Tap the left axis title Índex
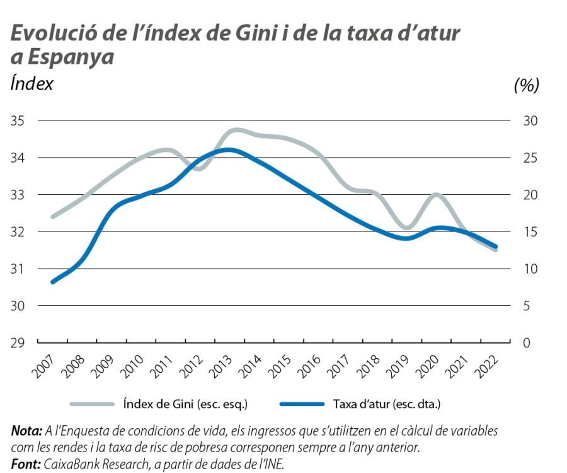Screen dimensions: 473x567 [x=32, y=83]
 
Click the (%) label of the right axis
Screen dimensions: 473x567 [x=527, y=85]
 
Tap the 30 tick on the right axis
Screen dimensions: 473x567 [x=530, y=120]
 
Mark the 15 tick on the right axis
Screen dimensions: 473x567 [x=530, y=232]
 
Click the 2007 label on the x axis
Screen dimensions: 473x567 [x=41, y=365]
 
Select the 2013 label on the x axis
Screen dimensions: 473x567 [x=218, y=365]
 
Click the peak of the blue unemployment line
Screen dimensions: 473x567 [x=229, y=150]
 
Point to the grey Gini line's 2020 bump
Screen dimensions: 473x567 [x=436, y=196]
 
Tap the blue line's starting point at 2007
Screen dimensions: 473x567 [x=53, y=281]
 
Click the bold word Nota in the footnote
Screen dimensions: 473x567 [x=26, y=431]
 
